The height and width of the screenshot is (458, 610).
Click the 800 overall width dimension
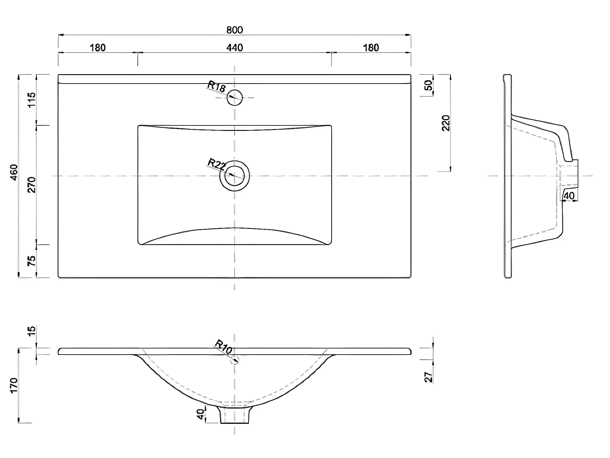235,30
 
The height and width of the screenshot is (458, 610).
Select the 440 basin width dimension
235,48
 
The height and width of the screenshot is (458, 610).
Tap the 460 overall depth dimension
14,172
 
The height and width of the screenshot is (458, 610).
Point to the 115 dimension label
32,100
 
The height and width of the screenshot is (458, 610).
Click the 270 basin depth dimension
32,185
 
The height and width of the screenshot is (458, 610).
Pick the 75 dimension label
32,261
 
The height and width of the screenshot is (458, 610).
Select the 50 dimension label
428,85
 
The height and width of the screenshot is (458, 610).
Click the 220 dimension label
446,123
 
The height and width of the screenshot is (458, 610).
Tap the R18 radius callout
216,87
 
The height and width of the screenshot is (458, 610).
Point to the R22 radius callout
216,165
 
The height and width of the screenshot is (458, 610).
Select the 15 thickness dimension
32,330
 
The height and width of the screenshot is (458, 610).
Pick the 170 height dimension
14,385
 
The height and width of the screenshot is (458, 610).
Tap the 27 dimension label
429,377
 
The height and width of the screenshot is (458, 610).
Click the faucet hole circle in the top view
235,98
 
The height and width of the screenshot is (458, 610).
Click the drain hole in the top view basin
234,176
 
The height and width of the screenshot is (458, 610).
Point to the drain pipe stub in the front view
234,416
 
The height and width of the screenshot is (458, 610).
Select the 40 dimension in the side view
569,196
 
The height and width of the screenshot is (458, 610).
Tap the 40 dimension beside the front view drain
200,414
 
